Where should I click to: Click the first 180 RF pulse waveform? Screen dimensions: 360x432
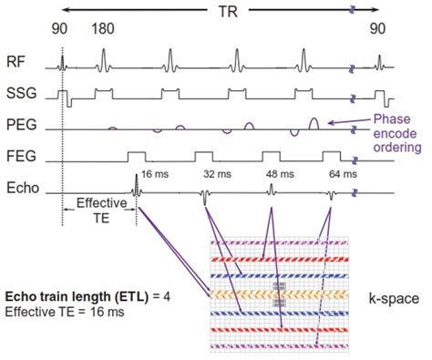point(104,61)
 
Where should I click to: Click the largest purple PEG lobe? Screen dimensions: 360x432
point(314,122)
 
